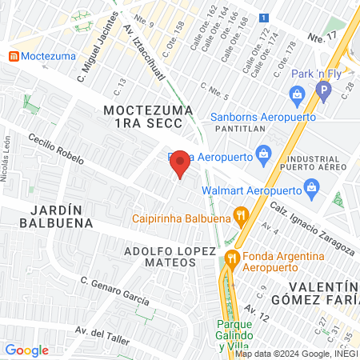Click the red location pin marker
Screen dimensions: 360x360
181,165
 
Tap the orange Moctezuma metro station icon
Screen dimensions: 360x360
14,57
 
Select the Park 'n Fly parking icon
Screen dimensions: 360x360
323,92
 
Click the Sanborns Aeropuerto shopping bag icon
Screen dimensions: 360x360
298,99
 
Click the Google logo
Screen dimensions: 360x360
27,350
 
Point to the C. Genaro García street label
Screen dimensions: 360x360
114,290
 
